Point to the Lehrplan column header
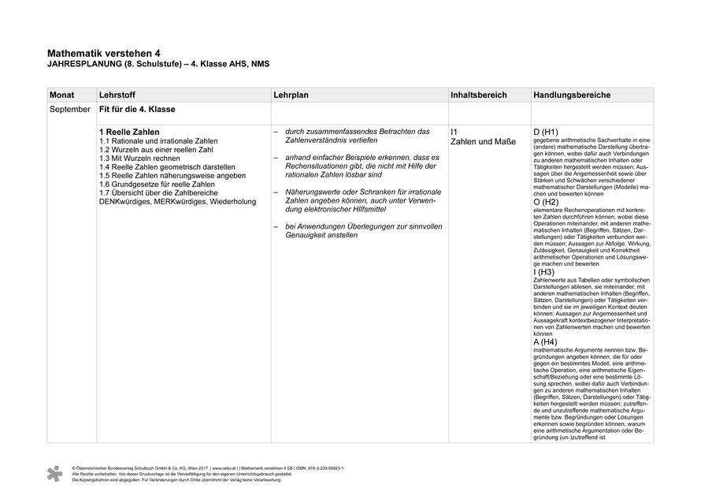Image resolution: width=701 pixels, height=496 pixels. click(291, 95)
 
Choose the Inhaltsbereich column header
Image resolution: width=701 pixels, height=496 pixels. click(480, 95)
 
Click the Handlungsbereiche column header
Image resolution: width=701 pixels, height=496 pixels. click(571, 95)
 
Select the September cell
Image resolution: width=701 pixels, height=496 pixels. click(70, 109)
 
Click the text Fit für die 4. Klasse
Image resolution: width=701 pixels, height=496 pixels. click(137, 109)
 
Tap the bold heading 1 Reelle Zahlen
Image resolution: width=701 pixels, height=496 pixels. click(129, 132)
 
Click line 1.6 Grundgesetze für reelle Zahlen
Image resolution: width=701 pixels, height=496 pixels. click(157, 185)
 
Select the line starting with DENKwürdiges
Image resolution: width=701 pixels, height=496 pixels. click(177, 202)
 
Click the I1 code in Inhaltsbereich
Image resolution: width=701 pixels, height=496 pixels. click(454, 132)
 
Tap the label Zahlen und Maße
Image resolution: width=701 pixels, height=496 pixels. click(483, 142)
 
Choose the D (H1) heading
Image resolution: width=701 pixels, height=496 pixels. click(546, 132)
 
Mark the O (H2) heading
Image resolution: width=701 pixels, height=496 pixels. click(546, 203)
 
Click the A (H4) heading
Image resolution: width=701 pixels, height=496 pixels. click(545, 342)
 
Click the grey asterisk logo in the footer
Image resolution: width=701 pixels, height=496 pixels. click(54, 473)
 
